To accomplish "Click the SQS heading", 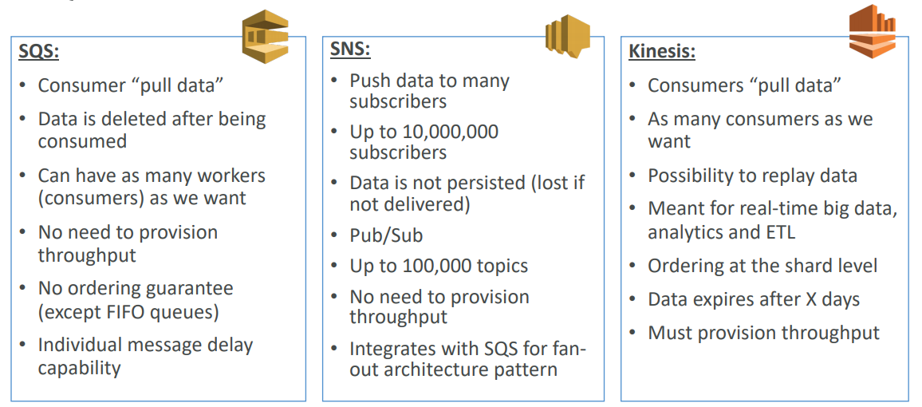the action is (x=39, y=53).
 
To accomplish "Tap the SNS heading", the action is (x=350, y=50).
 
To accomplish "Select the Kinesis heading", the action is (x=661, y=53).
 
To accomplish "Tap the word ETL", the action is (x=781, y=232).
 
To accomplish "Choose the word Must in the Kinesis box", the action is (x=669, y=333).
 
